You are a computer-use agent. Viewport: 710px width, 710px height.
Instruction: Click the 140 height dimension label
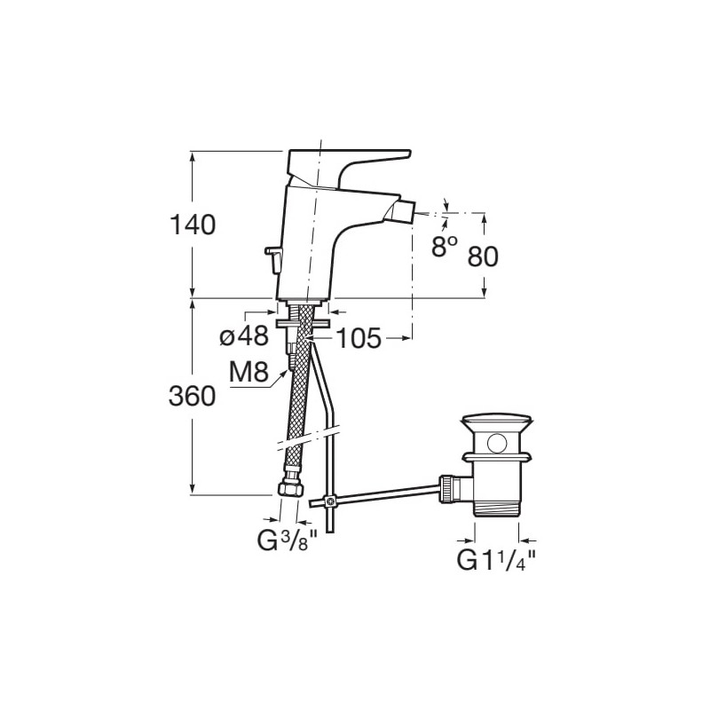pyautogui.click(x=193, y=225)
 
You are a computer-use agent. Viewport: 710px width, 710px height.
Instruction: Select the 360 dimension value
pyautogui.click(x=192, y=396)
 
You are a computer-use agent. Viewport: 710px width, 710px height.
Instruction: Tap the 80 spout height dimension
pyautogui.click(x=483, y=256)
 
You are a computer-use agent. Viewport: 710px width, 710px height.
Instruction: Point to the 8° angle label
pyautogui.click(x=445, y=247)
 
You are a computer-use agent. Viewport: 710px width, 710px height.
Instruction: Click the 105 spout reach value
pyautogui.click(x=359, y=338)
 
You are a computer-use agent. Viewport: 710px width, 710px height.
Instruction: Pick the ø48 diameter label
pyautogui.click(x=244, y=336)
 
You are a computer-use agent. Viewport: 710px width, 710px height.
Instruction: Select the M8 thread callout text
pyautogui.click(x=249, y=373)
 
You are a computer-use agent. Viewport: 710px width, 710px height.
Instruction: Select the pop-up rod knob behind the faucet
pyautogui.click(x=273, y=259)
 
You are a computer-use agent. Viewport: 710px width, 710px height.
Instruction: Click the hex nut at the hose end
pyautogui.click(x=290, y=489)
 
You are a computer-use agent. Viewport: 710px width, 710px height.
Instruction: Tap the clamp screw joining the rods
pyautogui.click(x=331, y=501)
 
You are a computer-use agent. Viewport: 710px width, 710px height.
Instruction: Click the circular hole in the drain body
pyautogui.click(x=497, y=441)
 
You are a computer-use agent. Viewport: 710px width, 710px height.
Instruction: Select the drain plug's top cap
pyautogui.click(x=496, y=421)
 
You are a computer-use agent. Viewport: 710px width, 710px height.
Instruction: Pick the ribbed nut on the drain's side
pyautogui.click(x=446, y=487)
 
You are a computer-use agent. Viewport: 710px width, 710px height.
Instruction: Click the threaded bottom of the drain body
pyautogui.click(x=497, y=507)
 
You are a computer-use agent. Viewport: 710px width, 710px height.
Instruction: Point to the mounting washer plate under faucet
pyautogui.click(x=303, y=323)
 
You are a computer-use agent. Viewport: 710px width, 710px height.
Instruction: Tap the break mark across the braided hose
pyautogui.click(x=308, y=438)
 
